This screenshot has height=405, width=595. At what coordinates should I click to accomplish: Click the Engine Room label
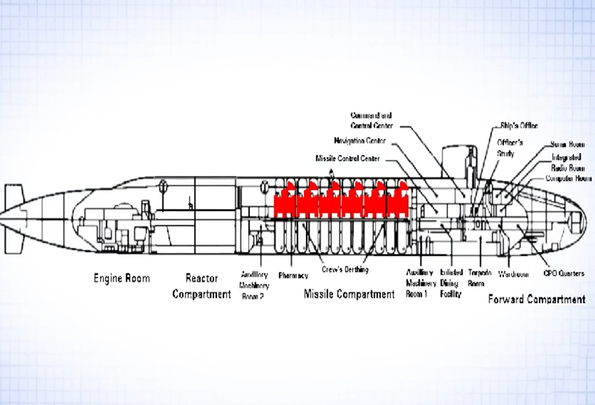[x=122, y=278]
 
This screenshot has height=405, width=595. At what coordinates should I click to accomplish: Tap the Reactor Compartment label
[x=201, y=286]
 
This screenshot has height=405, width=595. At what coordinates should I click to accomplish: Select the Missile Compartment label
[x=349, y=294]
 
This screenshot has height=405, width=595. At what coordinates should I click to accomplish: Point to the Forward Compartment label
[x=535, y=299]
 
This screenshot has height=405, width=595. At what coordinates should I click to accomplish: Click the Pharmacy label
[x=293, y=275]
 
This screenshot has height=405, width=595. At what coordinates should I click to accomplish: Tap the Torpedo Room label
[x=476, y=278]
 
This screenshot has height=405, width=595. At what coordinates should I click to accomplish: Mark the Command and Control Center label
[x=372, y=120]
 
